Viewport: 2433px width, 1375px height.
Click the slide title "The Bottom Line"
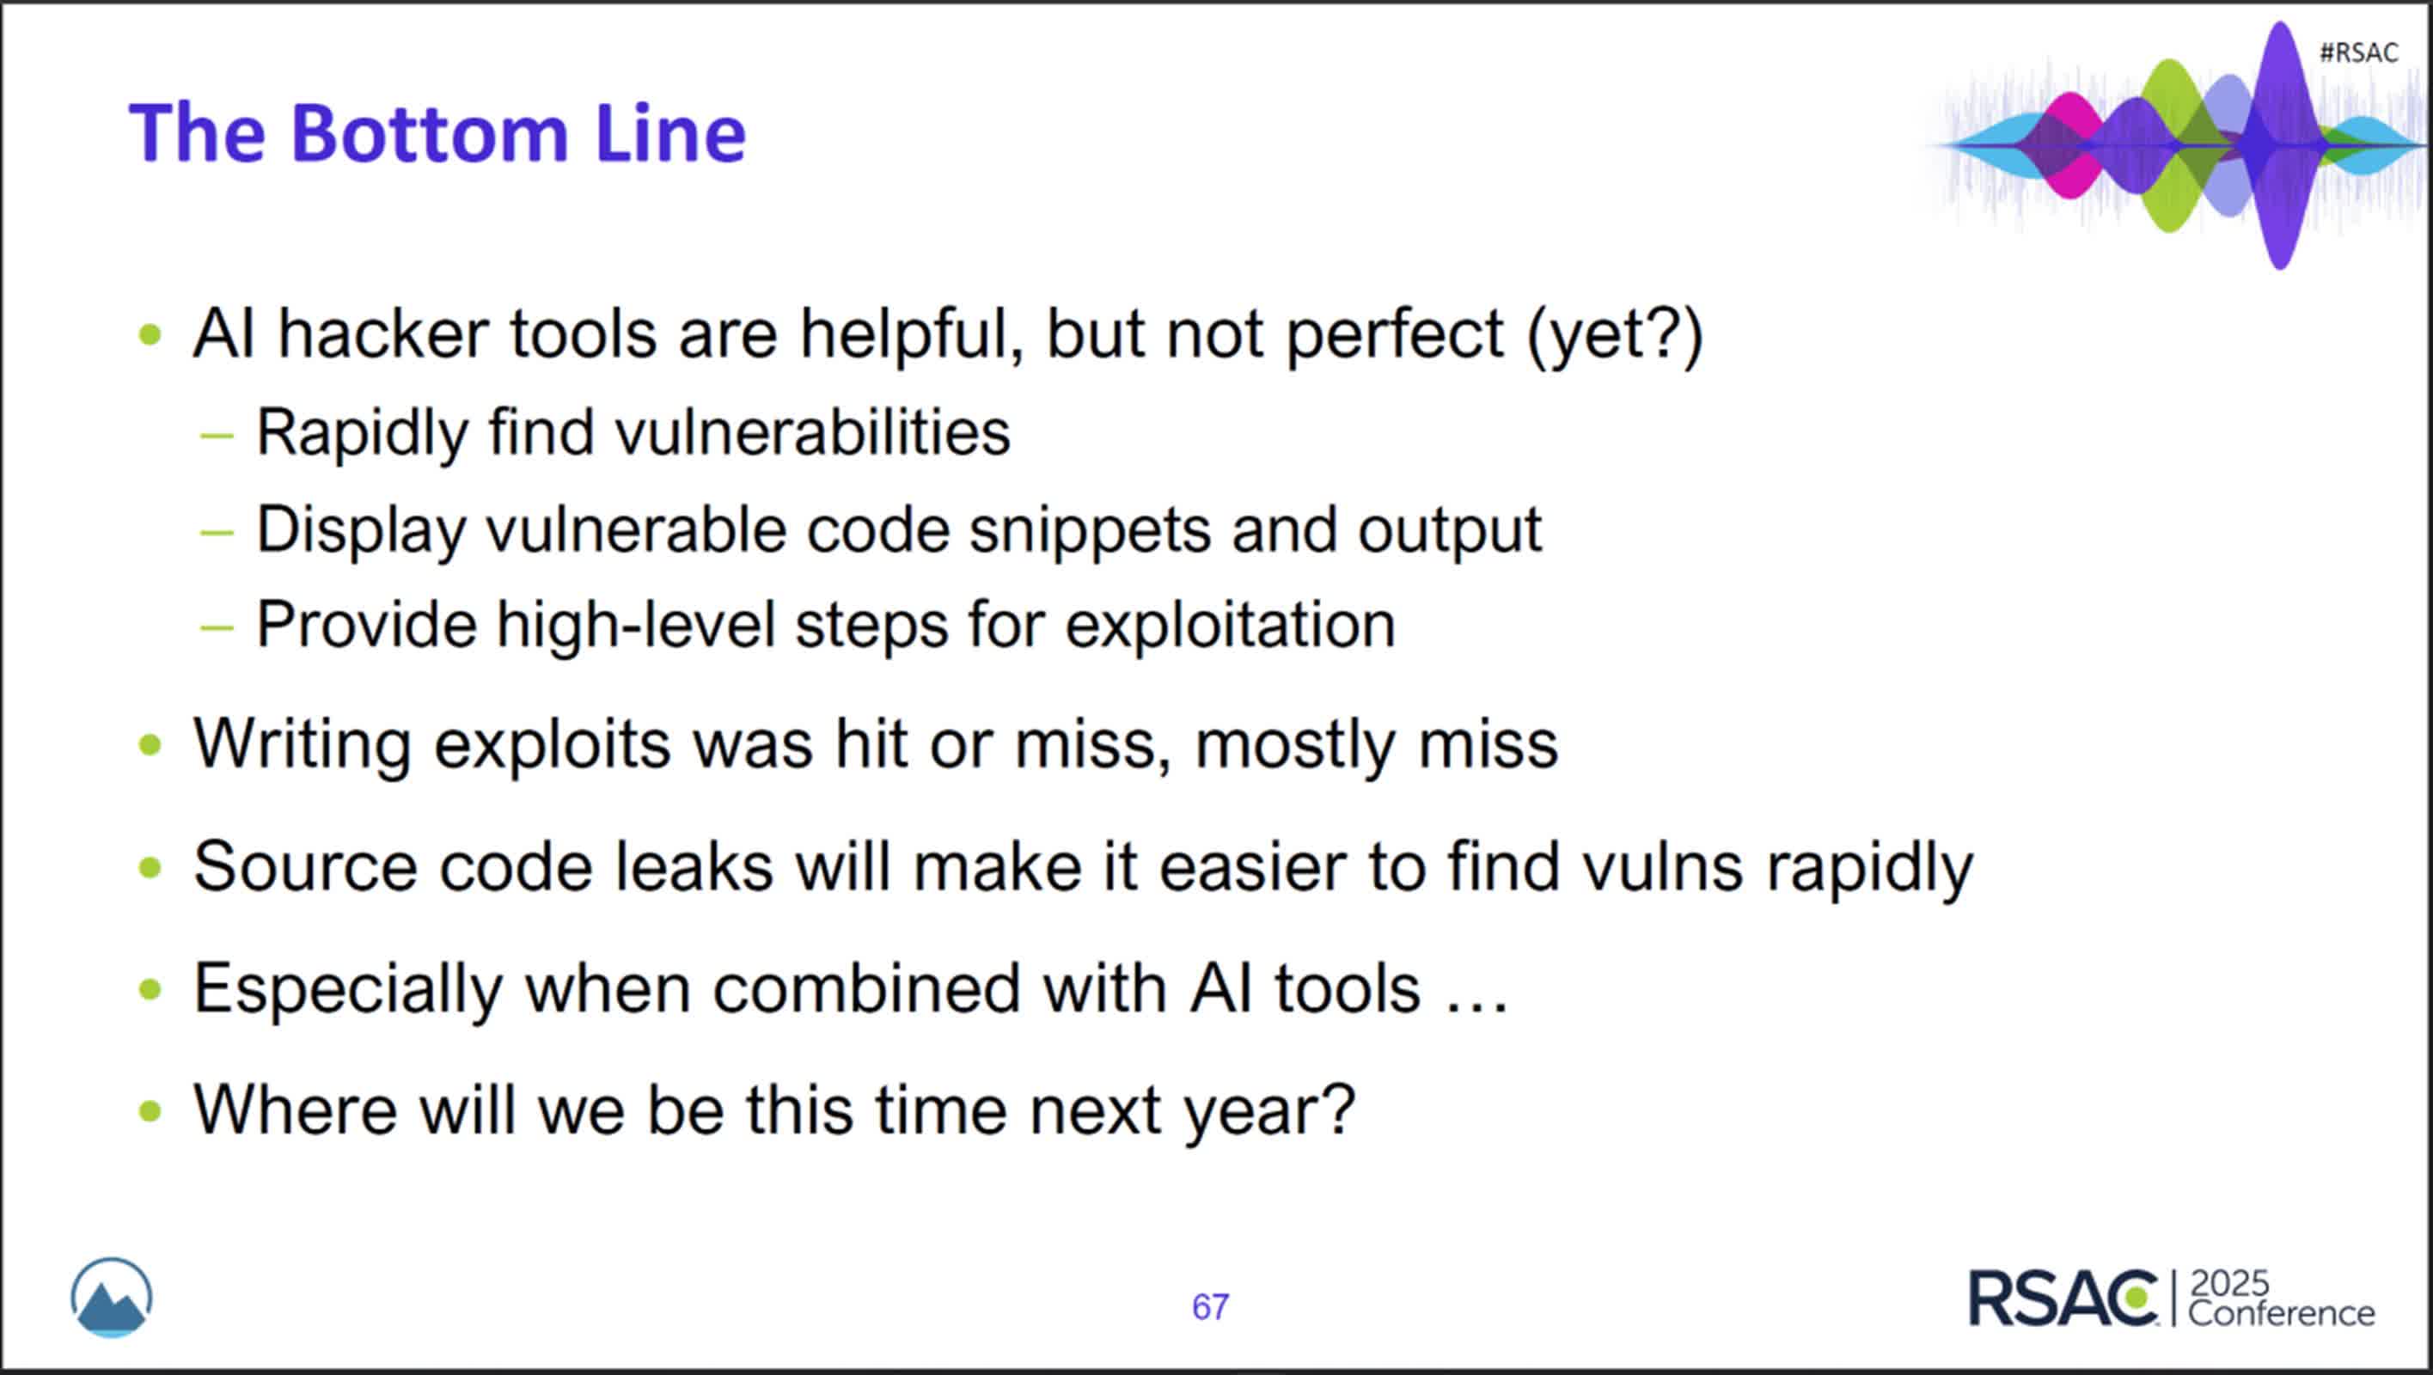pyautogui.click(x=437, y=133)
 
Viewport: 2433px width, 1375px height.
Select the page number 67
pyautogui.click(x=1210, y=1307)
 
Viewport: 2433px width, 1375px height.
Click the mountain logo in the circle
pyautogui.click(x=112, y=1298)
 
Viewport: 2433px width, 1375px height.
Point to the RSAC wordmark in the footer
pyautogui.click(x=2063, y=1298)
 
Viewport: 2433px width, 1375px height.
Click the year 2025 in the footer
pyautogui.click(x=2229, y=1282)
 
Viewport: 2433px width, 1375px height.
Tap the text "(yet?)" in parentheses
pyautogui.click(x=1614, y=336)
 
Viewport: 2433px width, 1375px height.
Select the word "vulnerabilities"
pyautogui.click(x=812, y=432)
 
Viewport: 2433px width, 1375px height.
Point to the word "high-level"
pyautogui.click(x=635, y=625)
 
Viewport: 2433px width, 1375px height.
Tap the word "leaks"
pyautogui.click(x=694, y=866)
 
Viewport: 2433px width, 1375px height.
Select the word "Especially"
pyautogui.click(x=347, y=990)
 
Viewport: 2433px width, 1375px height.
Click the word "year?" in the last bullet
pyautogui.click(x=1269, y=1111)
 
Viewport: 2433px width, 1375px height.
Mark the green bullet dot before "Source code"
pyautogui.click(x=150, y=867)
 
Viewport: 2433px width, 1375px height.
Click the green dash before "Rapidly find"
pyautogui.click(x=217, y=436)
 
